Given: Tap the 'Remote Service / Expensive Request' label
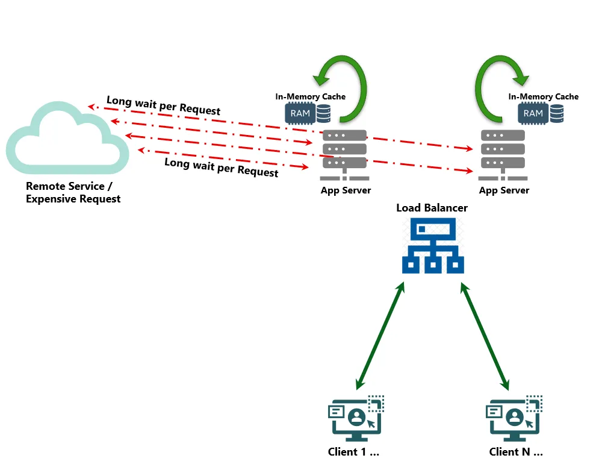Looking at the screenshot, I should (x=73, y=193).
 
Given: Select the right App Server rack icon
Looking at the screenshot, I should (x=503, y=154).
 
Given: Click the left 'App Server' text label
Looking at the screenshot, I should (x=346, y=190).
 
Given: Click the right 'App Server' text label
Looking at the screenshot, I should (x=504, y=190).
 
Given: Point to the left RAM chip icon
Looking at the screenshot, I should (x=300, y=113).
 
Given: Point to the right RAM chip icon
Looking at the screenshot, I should (x=533, y=113).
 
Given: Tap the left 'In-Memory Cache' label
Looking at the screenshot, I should (x=311, y=96).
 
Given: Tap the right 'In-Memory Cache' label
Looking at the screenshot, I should (x=543, y=96).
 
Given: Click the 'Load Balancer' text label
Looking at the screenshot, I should (x=432, y=208).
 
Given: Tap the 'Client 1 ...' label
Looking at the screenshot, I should (x=354, y=452).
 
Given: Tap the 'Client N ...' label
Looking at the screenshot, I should (x=516, y=452).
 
